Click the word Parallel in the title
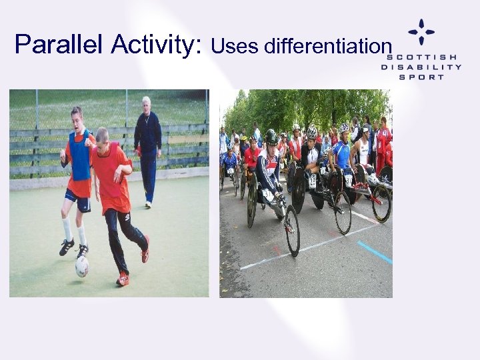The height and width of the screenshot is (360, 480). (x=60, y=45)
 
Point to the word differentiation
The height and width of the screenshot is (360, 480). (x=326, y=47)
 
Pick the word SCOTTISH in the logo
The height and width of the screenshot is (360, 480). (x=421, y=57)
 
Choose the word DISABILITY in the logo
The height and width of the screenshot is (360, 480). (x=421, y=67)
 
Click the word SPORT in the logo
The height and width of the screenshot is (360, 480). (x=421, y=77)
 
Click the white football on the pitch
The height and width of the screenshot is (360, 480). (x=81, y=267)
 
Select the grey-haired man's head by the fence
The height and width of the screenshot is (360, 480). (x=145, y=105)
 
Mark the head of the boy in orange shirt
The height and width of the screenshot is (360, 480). (x=102, y=136)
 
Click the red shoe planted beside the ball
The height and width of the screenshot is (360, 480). (x=123, y=279)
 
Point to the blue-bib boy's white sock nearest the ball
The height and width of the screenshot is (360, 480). (x=81, y=235)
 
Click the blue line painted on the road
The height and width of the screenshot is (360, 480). (x=374, y=253)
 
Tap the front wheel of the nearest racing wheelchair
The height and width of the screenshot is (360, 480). (x=292, y=231)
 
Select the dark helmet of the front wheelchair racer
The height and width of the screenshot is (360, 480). (x=271, y=137)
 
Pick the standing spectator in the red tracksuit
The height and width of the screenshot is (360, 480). (x=383, y=143)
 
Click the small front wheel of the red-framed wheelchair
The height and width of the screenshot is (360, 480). (x=381, y=203)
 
